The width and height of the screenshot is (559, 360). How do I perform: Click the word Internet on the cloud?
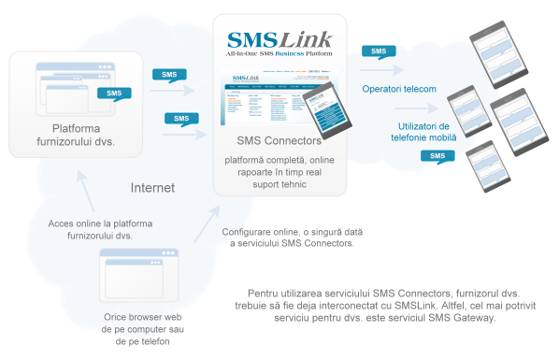coord(151,188)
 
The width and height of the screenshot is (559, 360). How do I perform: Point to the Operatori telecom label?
coord(399,89)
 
